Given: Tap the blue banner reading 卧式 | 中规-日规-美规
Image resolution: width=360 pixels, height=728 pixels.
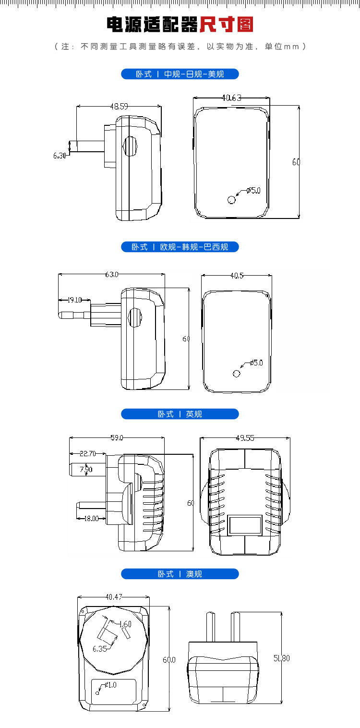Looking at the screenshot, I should [180, 74].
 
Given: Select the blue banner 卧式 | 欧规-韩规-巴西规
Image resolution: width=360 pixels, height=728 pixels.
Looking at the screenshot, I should [180, 247].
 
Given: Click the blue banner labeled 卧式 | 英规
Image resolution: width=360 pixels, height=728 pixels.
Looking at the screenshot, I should [180, 414].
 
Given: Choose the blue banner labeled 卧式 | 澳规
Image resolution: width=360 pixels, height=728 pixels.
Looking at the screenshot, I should [180, 574].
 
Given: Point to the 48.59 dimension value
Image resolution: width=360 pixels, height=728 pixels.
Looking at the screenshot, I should [119, 107].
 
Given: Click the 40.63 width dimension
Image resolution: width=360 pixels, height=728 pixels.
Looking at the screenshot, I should [231, 97].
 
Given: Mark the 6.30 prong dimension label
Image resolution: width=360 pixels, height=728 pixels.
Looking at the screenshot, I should [60, 156].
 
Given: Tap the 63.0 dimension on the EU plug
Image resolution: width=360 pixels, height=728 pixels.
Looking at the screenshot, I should [111, 275].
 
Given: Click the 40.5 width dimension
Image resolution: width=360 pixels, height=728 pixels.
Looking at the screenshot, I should [237, 276].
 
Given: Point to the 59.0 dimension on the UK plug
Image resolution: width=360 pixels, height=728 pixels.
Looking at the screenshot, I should [117, 437].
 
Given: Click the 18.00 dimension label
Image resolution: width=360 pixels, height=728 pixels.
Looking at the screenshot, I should [91, 518].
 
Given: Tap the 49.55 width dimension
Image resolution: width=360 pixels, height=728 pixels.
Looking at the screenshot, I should [245, 437].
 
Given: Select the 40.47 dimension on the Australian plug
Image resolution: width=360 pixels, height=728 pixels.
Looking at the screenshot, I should [113, 597].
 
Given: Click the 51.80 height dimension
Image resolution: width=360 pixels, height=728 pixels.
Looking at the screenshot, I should [281, 658].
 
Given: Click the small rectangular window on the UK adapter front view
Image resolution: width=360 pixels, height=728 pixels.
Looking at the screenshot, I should [245, 525].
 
